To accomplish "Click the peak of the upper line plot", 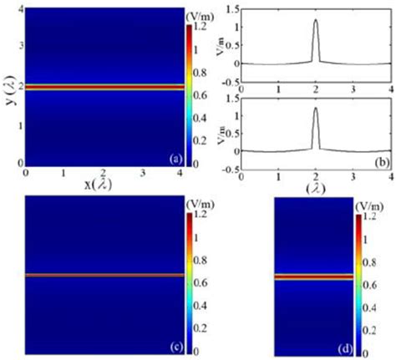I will click(316, 21).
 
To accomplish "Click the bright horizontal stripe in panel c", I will click(102, 275).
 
